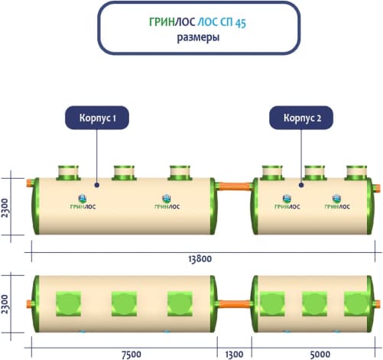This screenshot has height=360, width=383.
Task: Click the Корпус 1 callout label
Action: [x=97, y=118]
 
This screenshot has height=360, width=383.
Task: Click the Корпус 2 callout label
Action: [x=301, y=118]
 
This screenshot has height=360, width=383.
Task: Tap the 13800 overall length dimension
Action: [x=200, y=259]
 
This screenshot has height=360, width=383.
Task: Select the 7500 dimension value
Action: [x=131, y=355]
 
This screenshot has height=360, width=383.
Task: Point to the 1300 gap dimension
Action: [x=234, y=355]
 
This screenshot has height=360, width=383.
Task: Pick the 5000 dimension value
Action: [x=320, y=355]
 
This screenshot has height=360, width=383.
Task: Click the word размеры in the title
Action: [x=198, y=37]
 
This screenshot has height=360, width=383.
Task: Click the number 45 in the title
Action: [x=241, y=23]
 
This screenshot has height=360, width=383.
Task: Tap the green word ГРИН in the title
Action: [x=162, y=22]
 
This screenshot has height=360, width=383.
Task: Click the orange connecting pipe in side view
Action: [x=235, y=186]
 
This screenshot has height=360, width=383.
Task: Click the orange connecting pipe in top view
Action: [x=235, y=304]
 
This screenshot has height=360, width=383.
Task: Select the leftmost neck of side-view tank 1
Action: [x=68, y=173]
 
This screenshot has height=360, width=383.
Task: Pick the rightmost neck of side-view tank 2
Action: [x=357, y=173]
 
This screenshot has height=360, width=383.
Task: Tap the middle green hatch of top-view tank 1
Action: [x=124, y=303]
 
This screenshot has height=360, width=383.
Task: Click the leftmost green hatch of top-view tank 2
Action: [x=272, y=303]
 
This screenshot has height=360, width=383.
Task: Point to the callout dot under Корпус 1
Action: [x=96, y=185]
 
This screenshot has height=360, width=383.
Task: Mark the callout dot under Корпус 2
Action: [x=301, y=185]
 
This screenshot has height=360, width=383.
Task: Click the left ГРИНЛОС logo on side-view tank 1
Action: [x=83, y=202]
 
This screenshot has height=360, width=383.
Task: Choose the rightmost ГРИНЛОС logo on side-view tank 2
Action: [x=337, y=202]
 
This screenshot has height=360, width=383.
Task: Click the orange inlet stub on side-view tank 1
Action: [x=30, y=183]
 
